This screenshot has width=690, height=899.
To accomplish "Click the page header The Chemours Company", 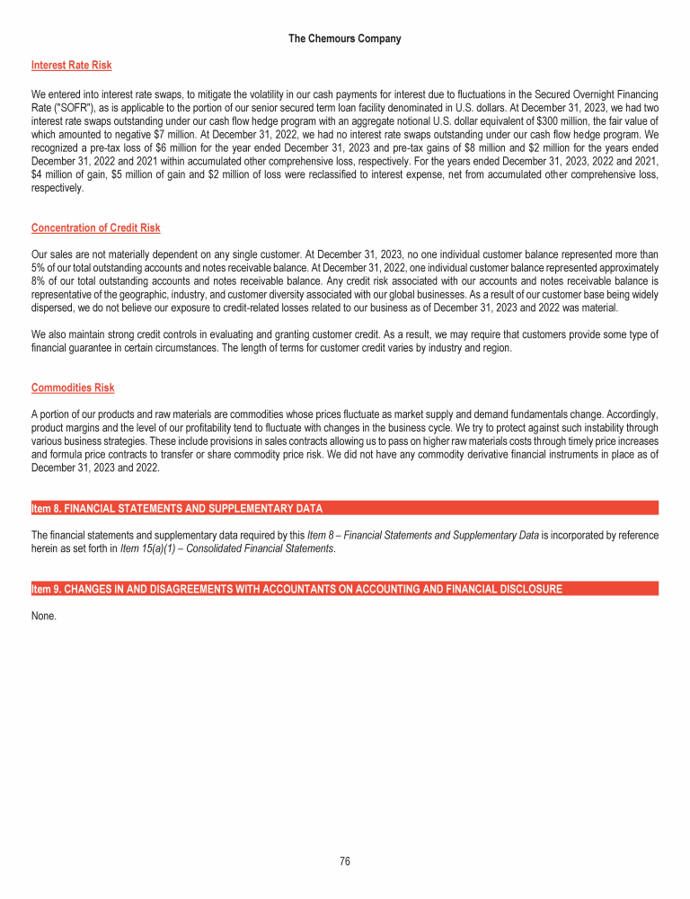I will pos(345,39).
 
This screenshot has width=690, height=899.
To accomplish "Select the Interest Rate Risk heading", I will pos(71,66).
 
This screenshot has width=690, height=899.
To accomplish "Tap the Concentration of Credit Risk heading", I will pos(95,227).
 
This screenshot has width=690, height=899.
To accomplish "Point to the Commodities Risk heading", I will pos(72,387).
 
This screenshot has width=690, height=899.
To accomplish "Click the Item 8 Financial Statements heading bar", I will pos(176,509).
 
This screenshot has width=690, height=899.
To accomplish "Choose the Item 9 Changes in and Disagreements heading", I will pos(296,590).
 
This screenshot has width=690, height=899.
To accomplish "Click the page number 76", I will pos(345,861).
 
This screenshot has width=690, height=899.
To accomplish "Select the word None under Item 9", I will pos(44,616).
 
